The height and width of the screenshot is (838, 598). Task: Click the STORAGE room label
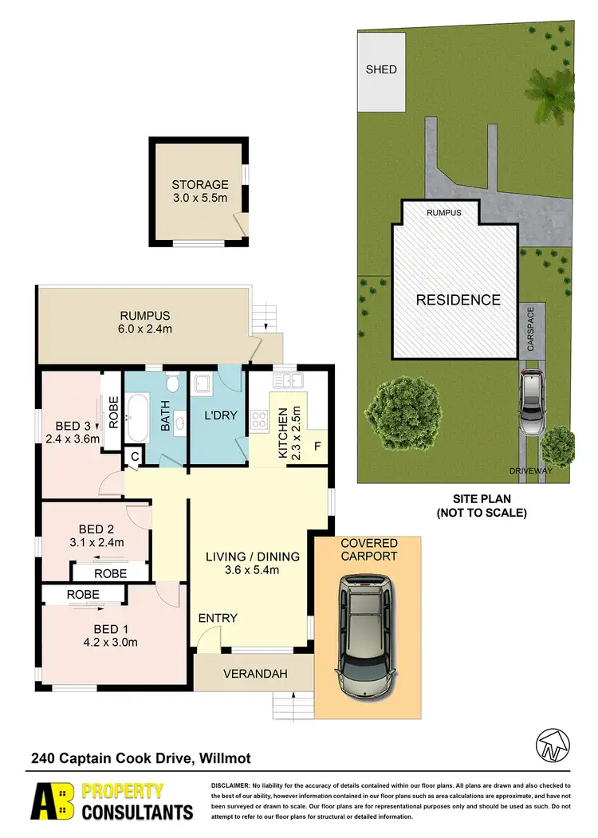click(199, 185)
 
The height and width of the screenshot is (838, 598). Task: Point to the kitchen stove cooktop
click(260, 419)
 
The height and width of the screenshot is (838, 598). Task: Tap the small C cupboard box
click(135, 456)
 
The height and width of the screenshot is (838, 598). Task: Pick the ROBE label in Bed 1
click(83, 594)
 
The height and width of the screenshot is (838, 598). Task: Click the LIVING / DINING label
click(251, 556)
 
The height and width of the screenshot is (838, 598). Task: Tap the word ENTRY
click(218, 618)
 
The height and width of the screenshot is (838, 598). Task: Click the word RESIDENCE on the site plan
click(458, 300)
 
